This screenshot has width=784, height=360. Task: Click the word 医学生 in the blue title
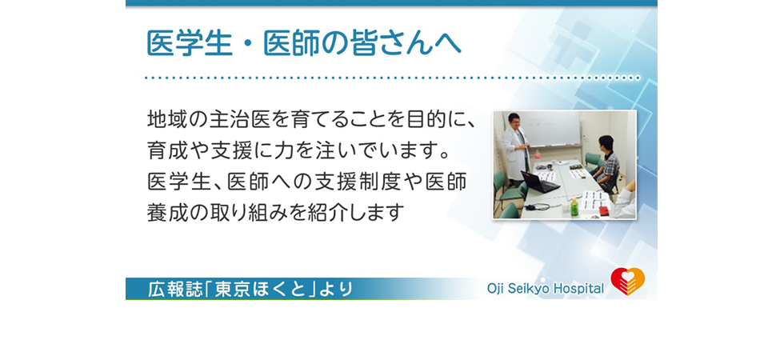190,43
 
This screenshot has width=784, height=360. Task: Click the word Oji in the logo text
496,289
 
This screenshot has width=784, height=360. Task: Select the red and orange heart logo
627,281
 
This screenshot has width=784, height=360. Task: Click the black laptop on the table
539,182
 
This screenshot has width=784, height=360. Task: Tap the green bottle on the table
574,207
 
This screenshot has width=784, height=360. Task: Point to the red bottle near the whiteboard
538,154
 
